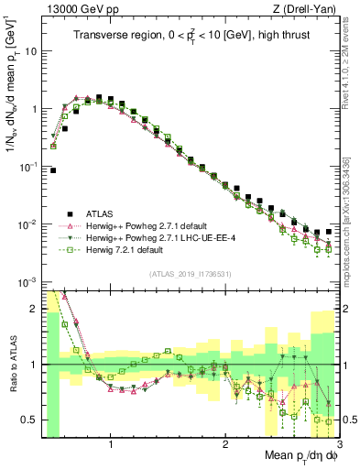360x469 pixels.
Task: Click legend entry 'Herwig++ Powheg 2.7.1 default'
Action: [146, 225]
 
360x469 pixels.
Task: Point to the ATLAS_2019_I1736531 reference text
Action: [190, 274]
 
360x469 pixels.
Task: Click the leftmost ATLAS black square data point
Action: [53, 170]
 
